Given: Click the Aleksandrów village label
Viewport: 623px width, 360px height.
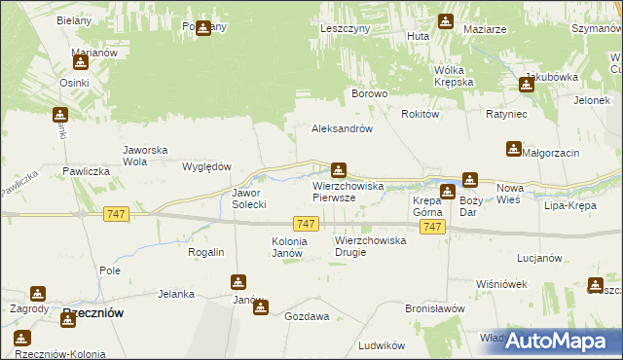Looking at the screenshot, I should click(342, 128).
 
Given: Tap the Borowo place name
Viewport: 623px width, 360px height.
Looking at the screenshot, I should click(370, 94).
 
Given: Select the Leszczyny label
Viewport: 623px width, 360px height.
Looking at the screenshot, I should click(345, 29).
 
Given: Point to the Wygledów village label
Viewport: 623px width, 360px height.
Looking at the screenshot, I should click(205, 166).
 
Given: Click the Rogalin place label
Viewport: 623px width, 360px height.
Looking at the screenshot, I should click(206, 252).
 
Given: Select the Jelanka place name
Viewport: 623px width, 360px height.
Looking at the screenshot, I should click(176, 293).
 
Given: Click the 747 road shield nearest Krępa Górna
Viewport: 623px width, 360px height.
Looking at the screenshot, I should click(434, 227).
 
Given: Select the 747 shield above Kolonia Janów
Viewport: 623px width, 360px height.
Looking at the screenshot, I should click(306, 224).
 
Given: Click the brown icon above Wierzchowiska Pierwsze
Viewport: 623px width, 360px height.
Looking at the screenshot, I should click(339, 169).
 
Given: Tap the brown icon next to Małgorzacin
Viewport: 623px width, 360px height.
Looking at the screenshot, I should click(513, 149).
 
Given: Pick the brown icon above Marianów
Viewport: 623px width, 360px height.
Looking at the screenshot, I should click(80, 62).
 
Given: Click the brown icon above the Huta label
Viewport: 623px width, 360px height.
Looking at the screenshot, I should click(445, 20).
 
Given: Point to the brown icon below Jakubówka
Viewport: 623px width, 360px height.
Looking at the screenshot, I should click(527, 85).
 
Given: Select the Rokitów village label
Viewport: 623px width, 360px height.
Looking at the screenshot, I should click(421, 114).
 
